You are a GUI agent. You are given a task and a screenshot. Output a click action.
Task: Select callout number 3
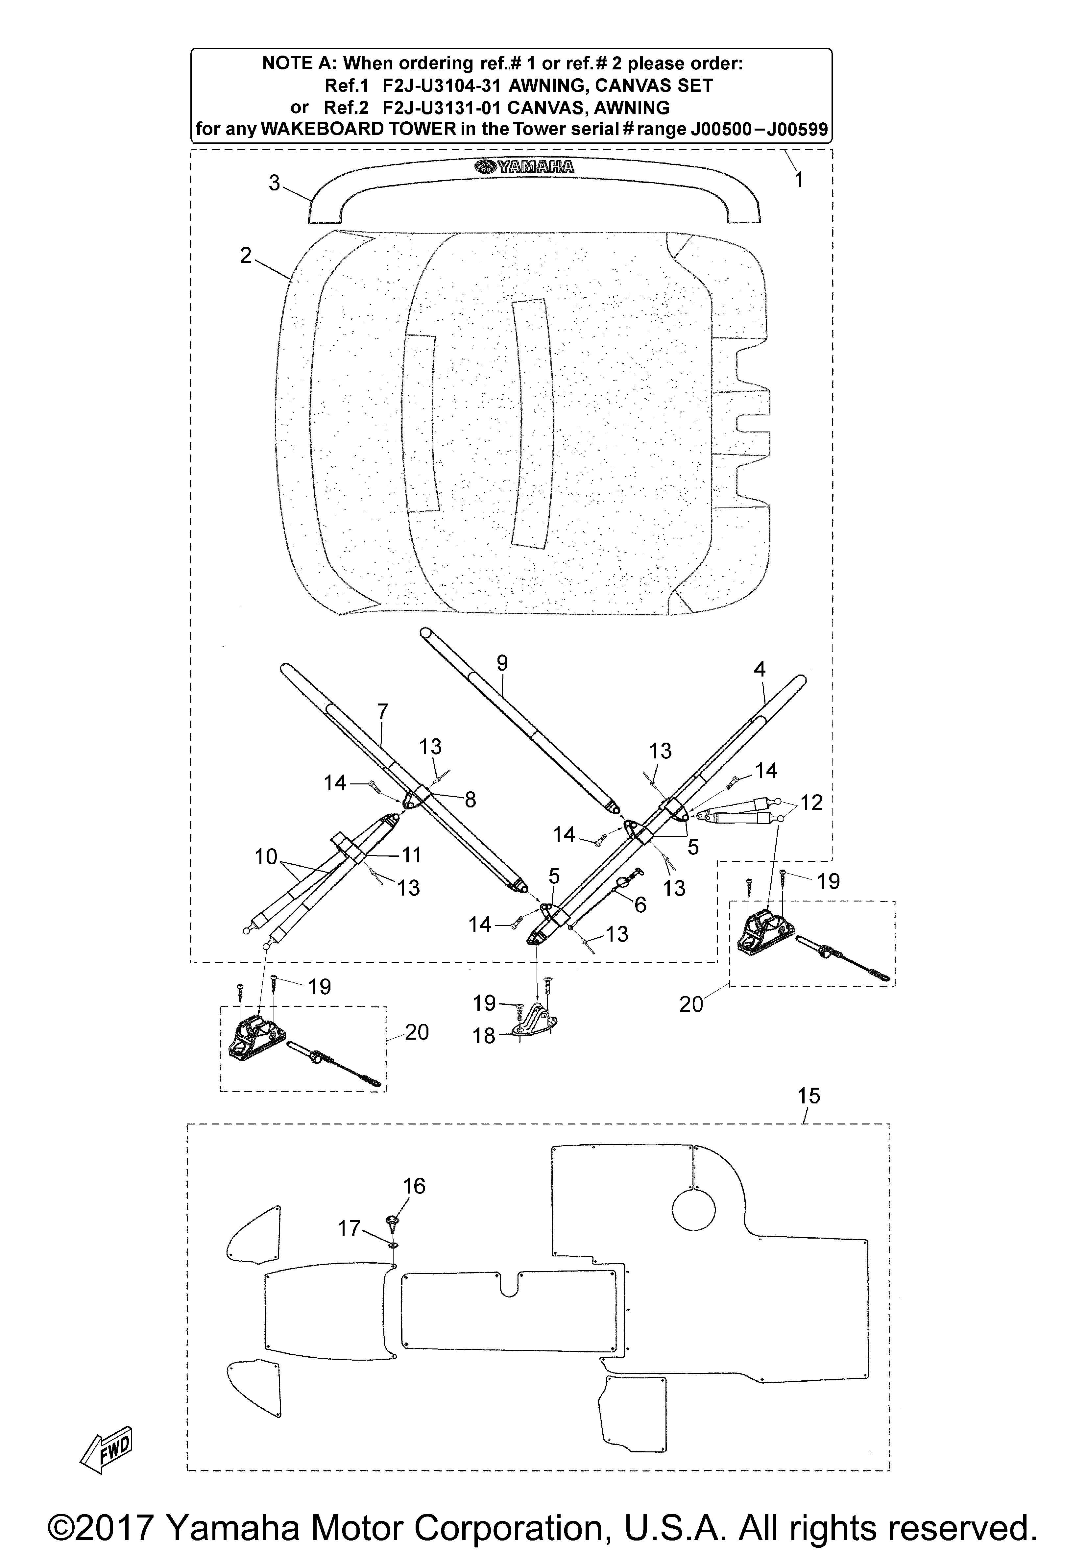(274, 183)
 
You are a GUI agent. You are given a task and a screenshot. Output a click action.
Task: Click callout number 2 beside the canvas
(246, 255)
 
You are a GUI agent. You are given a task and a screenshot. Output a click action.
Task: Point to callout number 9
(502, 663)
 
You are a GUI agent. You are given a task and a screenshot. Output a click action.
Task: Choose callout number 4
(760, 669)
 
